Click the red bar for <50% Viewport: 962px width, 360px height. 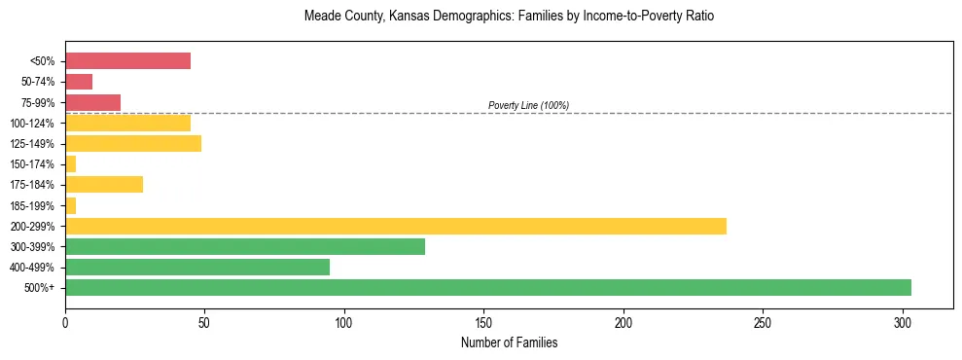[127, 61]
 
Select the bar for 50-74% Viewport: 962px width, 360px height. [79, 82]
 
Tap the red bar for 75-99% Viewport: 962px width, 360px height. [92, 102]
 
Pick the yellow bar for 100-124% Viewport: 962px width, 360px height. [127, 123]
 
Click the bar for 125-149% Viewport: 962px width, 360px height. [133, 143]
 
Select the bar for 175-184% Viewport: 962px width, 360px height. [104, 185]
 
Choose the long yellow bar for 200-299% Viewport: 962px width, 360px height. [395, 226]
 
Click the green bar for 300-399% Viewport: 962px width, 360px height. [245, 246]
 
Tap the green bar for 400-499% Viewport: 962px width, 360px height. [197, 267]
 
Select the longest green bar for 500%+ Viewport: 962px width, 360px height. [487, 287]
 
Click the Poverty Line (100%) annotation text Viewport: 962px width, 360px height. [528, 105]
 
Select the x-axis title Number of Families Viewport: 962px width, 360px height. [509, 342]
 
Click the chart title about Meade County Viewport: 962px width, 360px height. [509, 17]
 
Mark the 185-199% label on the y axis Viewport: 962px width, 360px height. [34, 205]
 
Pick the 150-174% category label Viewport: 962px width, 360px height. [34, 164]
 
